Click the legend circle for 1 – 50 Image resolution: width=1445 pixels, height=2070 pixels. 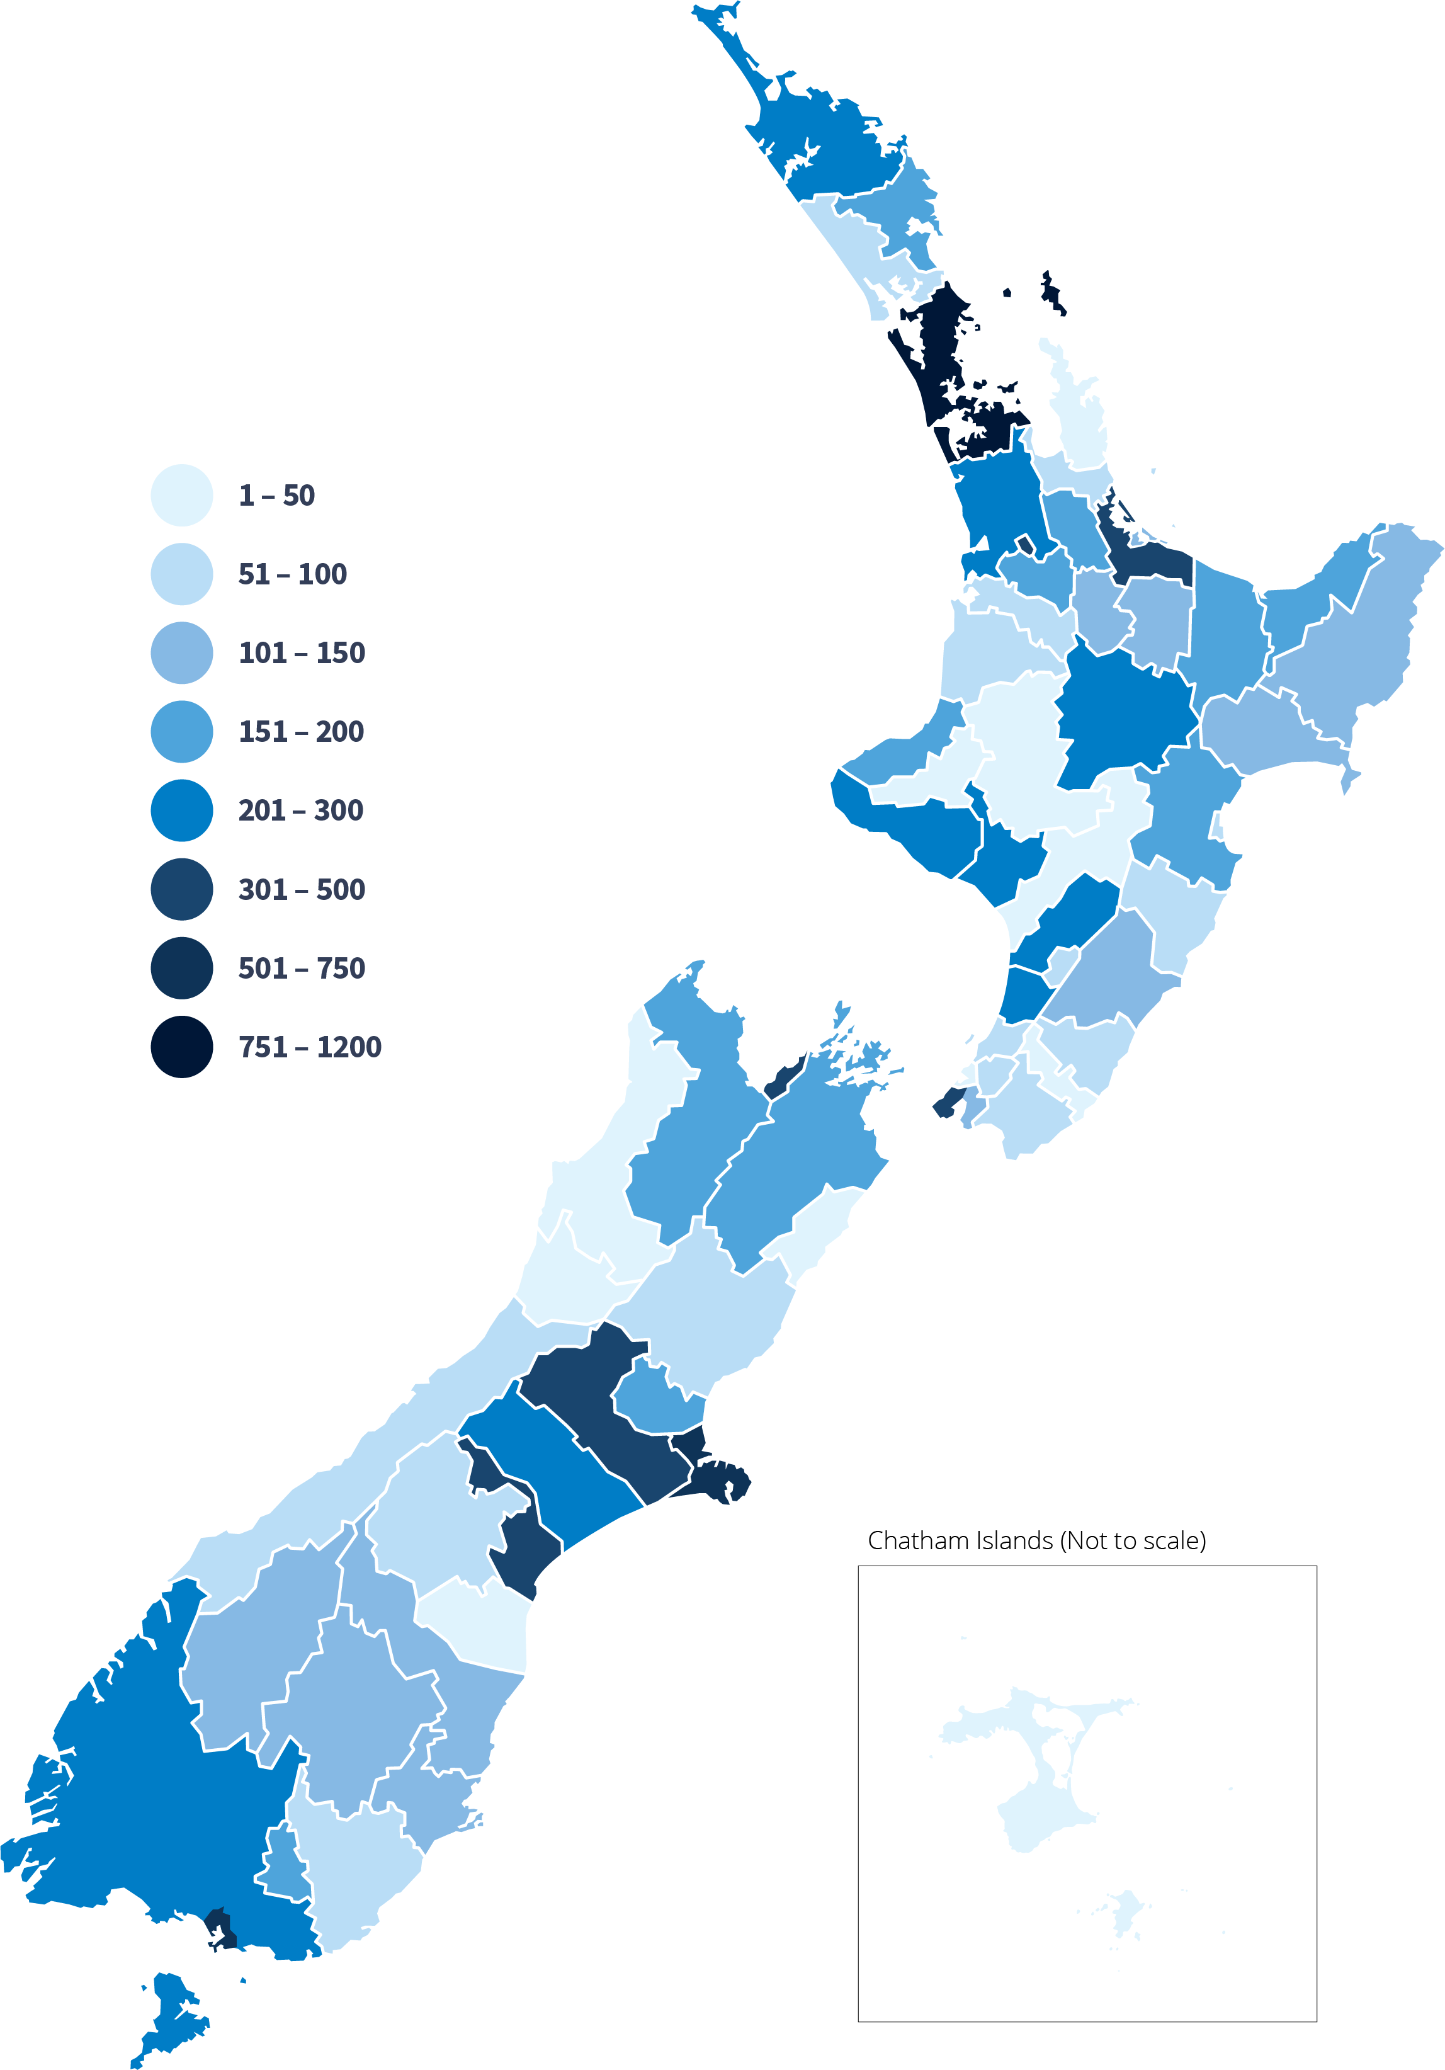point(181,495)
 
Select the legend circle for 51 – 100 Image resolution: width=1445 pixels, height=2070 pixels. point(181,574)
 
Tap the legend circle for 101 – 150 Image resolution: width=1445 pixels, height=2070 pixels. point(181,652)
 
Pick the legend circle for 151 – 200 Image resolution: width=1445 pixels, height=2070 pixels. point(181,731)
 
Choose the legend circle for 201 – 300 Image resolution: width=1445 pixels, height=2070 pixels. point(181,810)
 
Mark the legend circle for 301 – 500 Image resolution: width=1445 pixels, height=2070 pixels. point(181,889)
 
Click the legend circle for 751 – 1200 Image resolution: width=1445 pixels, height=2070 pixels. point(181,1047)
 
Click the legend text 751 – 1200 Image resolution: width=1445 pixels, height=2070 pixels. point(309,1047)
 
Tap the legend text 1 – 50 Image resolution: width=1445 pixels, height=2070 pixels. point(276,495)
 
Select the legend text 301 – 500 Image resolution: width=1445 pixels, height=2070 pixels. point(301,889)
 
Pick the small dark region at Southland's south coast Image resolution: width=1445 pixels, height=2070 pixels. point(220,1930)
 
